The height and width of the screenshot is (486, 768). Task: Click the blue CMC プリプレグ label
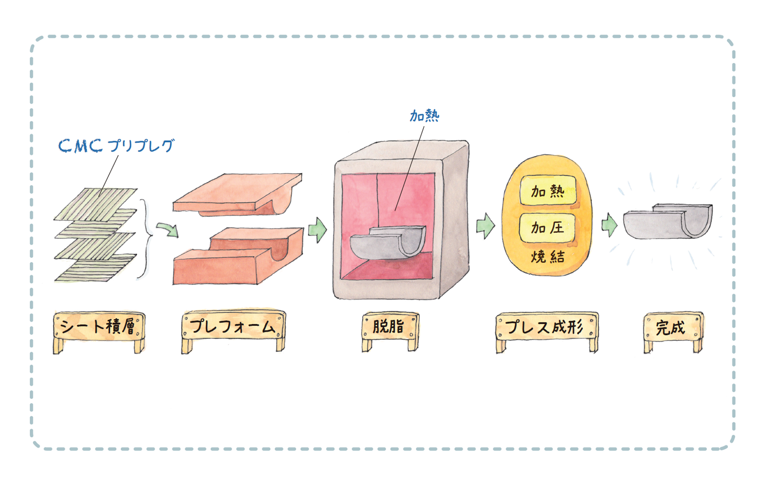click(116, 146)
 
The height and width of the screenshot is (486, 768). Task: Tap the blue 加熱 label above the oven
click(424, 116)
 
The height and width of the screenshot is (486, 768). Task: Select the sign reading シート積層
click(99, 327)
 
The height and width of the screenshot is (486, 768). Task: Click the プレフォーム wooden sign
click(233, 327)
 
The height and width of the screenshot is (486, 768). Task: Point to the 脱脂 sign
click(390, 327)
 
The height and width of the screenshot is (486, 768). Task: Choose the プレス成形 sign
click(546, 327)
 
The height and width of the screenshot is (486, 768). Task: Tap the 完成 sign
click(672, 328)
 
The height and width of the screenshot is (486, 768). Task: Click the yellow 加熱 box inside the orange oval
click(548, 191)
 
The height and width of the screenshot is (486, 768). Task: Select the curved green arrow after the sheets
click(167, 229)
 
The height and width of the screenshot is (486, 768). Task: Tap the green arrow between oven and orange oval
click(485, 226)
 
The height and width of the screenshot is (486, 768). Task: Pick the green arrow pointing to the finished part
click(609, 225)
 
